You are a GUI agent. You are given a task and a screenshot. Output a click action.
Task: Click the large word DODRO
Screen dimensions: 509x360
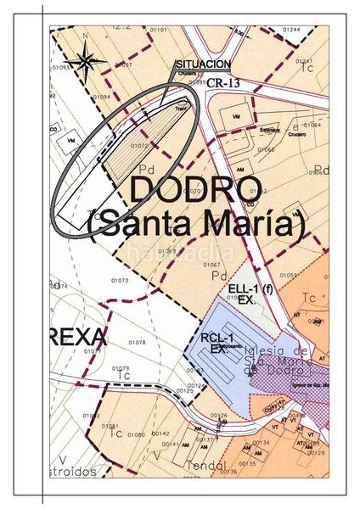point(191,190)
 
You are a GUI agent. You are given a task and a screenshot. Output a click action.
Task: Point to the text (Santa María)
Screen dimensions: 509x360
point(195,225)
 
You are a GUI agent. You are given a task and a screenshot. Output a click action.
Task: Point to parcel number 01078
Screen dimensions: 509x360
point(137,343)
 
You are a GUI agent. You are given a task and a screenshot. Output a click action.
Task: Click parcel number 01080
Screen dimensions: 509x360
point(135,434)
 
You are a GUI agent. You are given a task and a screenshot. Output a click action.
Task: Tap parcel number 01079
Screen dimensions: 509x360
point(121,367)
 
